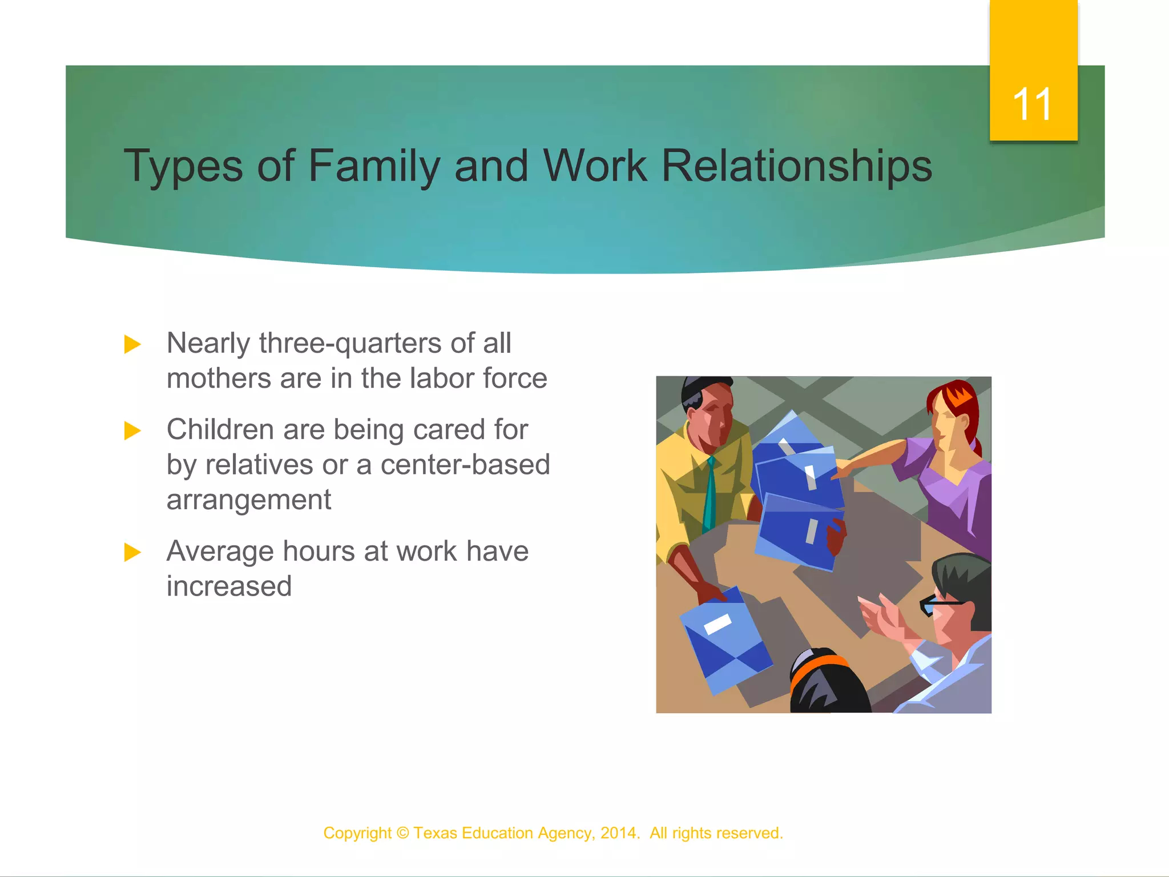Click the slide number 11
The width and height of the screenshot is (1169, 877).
pyautogui.click(x=1033, y=104)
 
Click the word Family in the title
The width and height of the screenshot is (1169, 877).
pyautogui.click(x=374, y=166)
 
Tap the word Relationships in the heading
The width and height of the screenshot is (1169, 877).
pyautogui.click(x=796, y=166)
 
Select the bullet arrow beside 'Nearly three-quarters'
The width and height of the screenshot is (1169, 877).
pyautogui.click(x=132, y=344)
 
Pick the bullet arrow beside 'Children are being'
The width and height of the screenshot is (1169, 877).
pyautogui.click(x=132, y=431)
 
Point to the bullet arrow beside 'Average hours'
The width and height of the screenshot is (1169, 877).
pyautogui.click(x=132, y=552)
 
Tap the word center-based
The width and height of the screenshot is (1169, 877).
pyautogui.click(x=465, y=465)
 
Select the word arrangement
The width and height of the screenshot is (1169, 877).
pyautogui.click(x=248, y=500)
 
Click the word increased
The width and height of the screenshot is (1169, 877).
pyautogui.click(x=229, y=586)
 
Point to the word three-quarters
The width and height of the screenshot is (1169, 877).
pyautogui.click(x=350, y=344)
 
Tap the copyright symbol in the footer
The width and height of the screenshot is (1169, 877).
pyautogui.click(x=402, y=833)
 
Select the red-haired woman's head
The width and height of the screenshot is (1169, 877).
pyautogui.click(x=952, y=414)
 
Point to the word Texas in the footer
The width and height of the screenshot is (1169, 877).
pyautogui.click(x=436, y=833)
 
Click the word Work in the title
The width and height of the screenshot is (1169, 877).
pyautogui.click(x=595, y=166)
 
